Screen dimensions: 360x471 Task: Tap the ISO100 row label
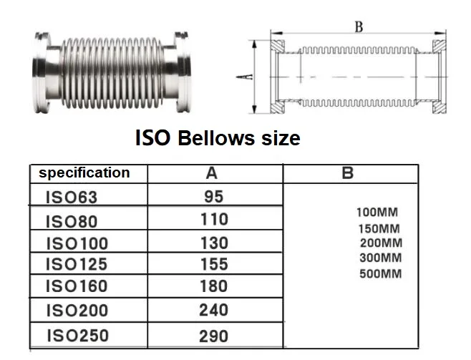click(x=77, y=243)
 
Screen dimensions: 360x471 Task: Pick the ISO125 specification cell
click(x=77, y=265)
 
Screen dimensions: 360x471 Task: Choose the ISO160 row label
click(x=77, y=286)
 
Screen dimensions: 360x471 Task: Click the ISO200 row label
click(x=77, y=311)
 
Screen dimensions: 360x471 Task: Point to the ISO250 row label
click(x=77, y=335)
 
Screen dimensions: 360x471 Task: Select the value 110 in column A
click(x=214, y=220)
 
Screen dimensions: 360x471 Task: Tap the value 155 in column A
click(x=214, y=265)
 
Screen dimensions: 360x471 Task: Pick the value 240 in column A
click(x=214, y=310)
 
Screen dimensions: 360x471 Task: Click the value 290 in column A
click(x=214, y=335)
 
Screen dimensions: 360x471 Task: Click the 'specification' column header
click(x=84, y=172)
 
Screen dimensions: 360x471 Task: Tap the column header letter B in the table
click(x=348, y=173)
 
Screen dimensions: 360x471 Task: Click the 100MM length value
click(x=377, y=213)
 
